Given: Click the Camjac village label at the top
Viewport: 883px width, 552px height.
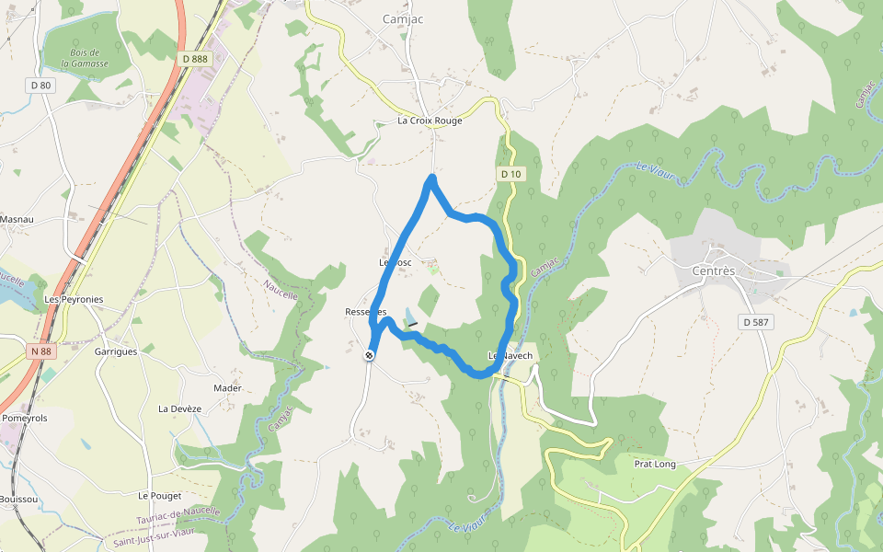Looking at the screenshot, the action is click(x=402, y=18).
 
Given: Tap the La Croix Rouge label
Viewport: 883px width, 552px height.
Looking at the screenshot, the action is click(x=430, y=121).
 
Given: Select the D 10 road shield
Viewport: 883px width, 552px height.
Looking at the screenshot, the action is click(x=511, y=174).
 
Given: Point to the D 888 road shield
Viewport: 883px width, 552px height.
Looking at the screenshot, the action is click(x=195, y=59).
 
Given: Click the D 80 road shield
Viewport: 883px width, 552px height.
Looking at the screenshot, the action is click(x=40, y=86).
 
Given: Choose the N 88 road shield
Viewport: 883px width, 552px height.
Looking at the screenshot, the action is click(x=40, y=351).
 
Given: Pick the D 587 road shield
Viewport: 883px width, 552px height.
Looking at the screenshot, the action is click(x=757, y=322).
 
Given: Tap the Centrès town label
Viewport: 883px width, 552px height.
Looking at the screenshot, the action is click(x=714, y=271).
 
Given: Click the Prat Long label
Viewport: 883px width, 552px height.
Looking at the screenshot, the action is click(x=655, y=464).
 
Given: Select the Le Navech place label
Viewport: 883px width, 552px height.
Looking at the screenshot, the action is click(x=510, y=355).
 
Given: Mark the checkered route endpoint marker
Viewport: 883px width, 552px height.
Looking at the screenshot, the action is click(x=369, y=355).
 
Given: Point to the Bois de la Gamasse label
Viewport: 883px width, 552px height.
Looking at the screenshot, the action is click(x=88, y=58).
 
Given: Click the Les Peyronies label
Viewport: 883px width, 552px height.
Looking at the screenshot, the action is click(x=74, y=300).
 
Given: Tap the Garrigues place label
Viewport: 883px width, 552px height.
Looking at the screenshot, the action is click(x=116, y=351).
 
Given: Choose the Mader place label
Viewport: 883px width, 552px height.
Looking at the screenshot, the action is click(x=227, y=388).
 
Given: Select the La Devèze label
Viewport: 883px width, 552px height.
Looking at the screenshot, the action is click(x=179, y=408).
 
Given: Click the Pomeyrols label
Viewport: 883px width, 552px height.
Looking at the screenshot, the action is click(x=25, y=418).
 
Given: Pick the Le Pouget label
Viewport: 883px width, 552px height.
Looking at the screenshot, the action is click(x=155, y=495).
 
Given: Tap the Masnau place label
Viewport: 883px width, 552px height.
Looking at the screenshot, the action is click(x=17, y=220).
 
